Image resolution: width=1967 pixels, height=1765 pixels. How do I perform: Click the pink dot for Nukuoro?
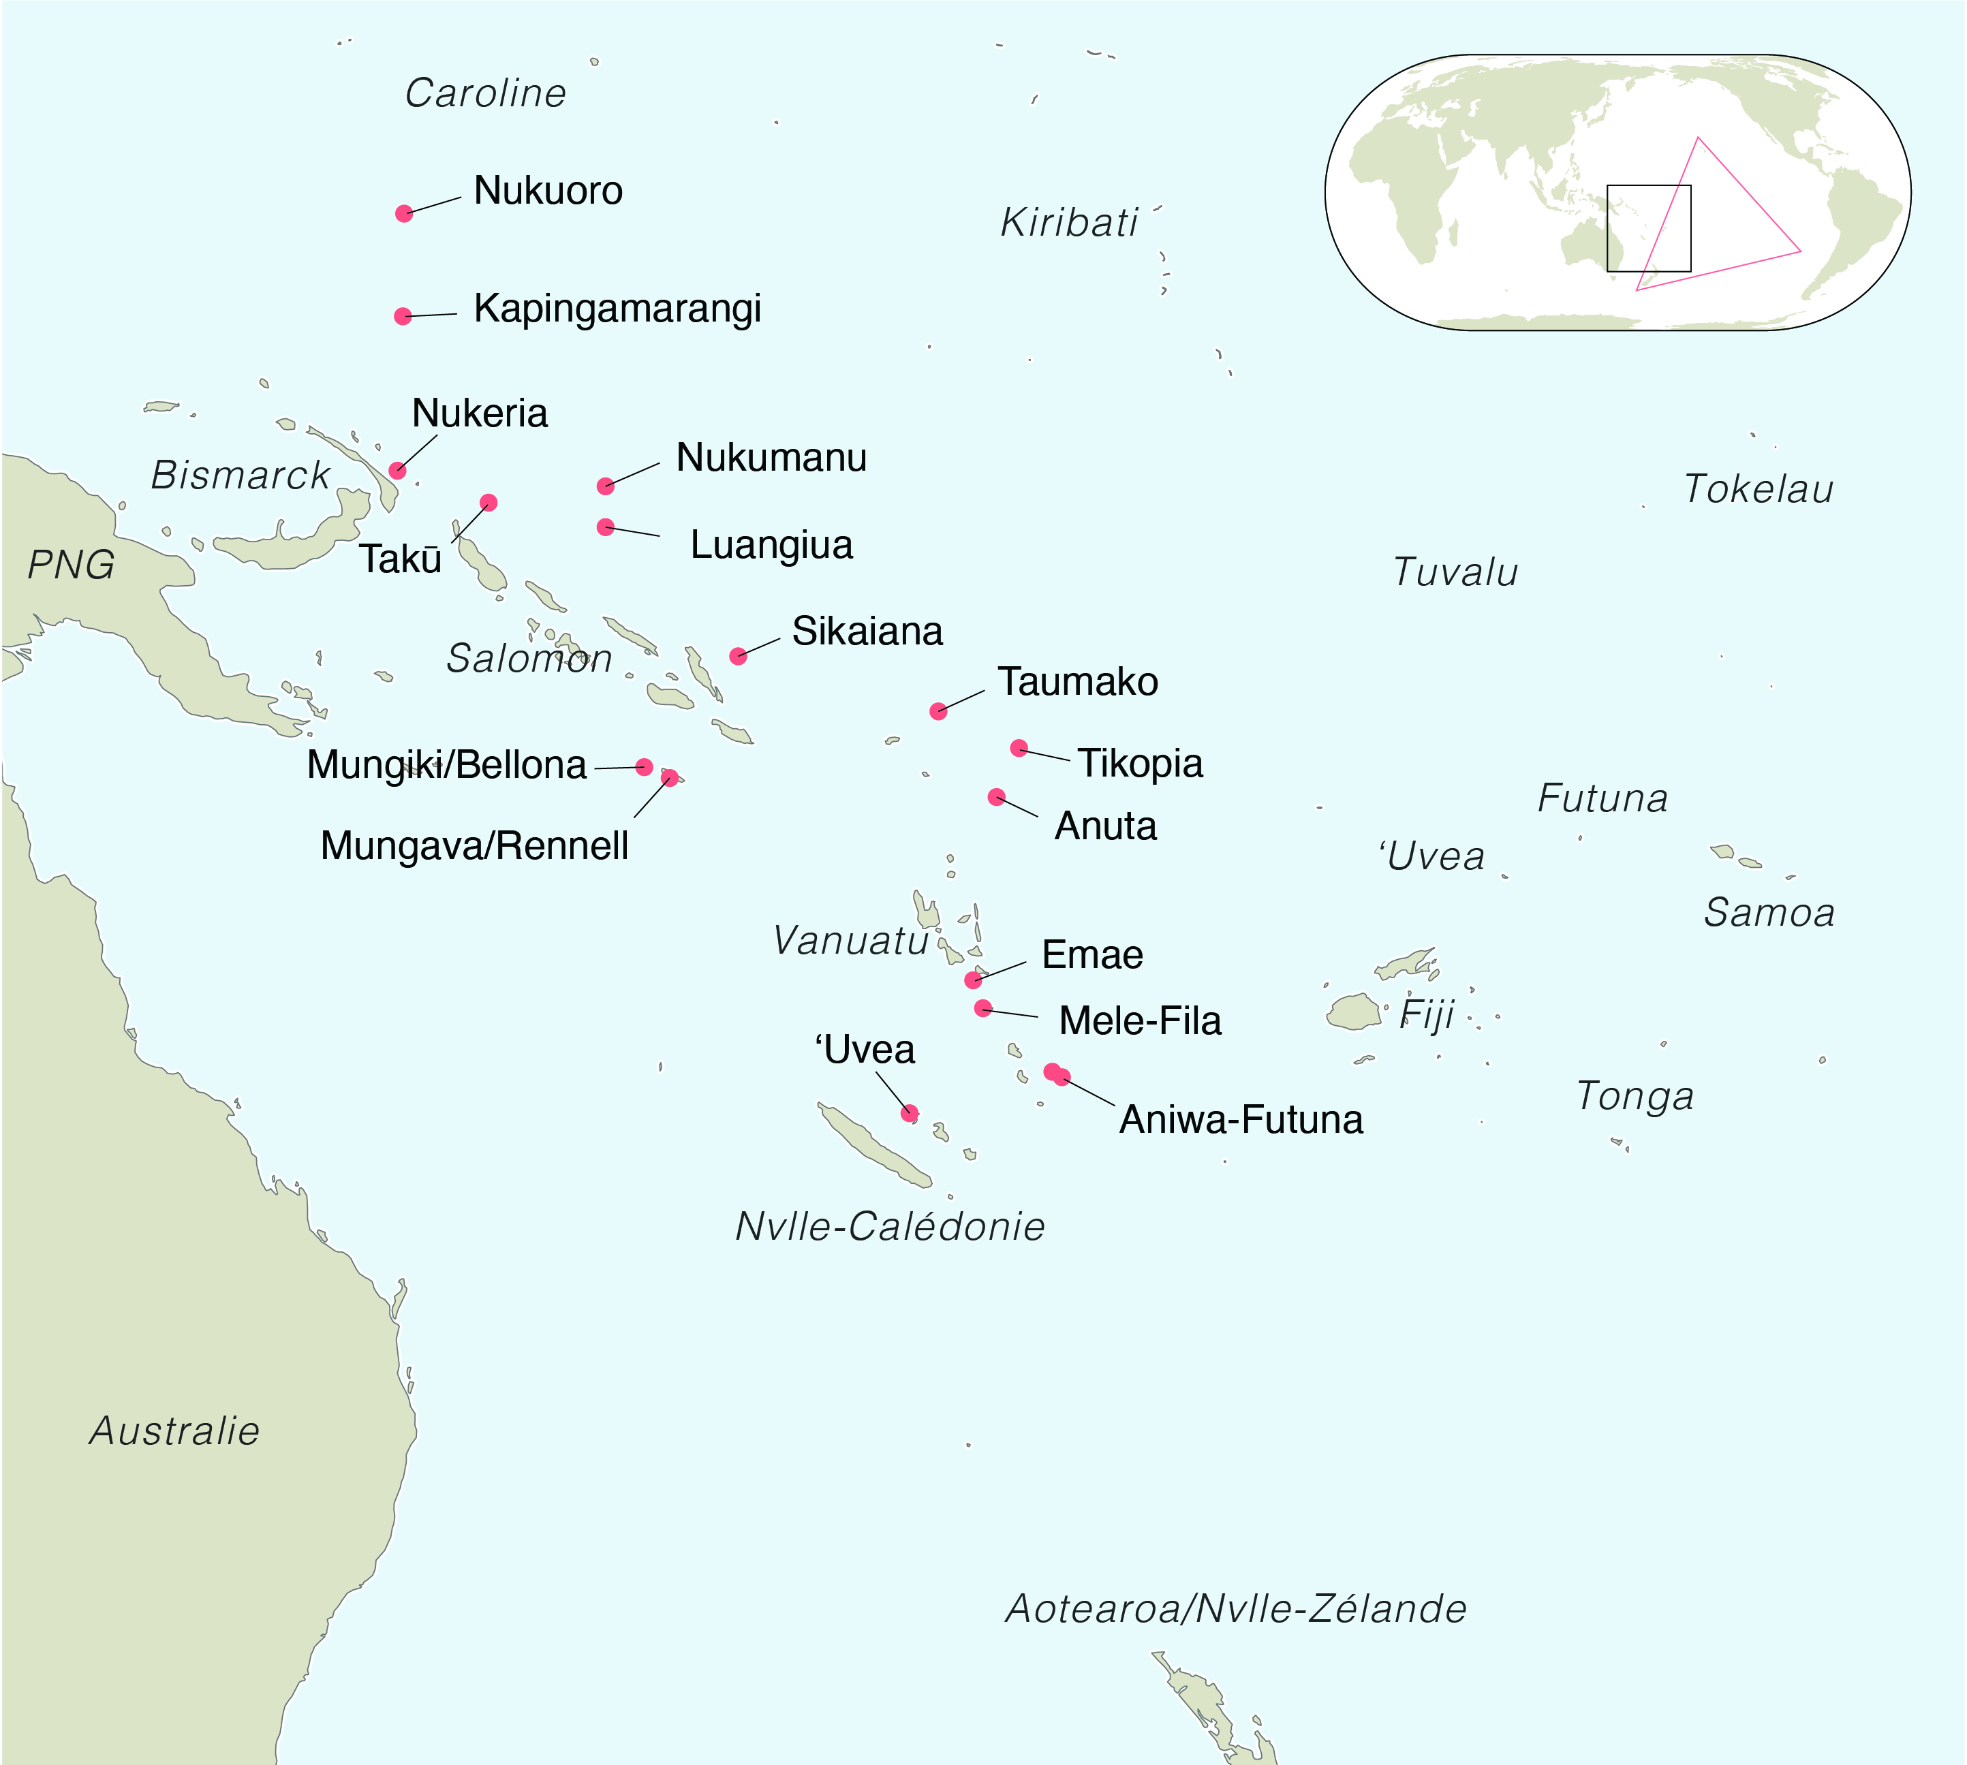(x=405, y=213)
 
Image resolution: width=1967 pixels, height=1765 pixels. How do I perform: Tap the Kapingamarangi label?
(x=617, y=309)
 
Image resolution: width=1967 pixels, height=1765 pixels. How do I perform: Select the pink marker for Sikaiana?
(x=738, y=655)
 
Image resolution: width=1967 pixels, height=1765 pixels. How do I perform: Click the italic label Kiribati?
(x=1069, y=223)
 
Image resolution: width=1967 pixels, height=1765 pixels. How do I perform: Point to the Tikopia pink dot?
(x=1019, y=748)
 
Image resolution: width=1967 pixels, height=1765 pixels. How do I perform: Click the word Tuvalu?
(x=1455, y=572)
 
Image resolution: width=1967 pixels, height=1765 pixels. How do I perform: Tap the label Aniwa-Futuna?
(x=1241, y=1120)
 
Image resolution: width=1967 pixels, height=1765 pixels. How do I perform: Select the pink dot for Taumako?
(x=938, y=711)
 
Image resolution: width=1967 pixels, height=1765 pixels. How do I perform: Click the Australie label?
(x=174, y=1431)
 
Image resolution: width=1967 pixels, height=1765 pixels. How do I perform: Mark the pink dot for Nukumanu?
(x=605, y=486)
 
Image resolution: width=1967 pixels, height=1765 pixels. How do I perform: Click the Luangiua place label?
(x=771, y=545)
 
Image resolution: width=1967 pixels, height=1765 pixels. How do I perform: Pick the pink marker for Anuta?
(x=996, y=797)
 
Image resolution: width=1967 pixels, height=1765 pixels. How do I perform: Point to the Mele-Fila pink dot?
(x=982, y=1008)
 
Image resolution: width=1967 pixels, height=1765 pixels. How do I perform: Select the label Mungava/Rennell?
(x=474, y=845)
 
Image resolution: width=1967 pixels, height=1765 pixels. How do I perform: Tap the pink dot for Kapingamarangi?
(x=403, y=316)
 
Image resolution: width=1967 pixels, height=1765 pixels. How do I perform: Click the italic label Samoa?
(x=1769, y=913)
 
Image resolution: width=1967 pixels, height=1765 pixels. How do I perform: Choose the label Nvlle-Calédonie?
(x=889, y=1227)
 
